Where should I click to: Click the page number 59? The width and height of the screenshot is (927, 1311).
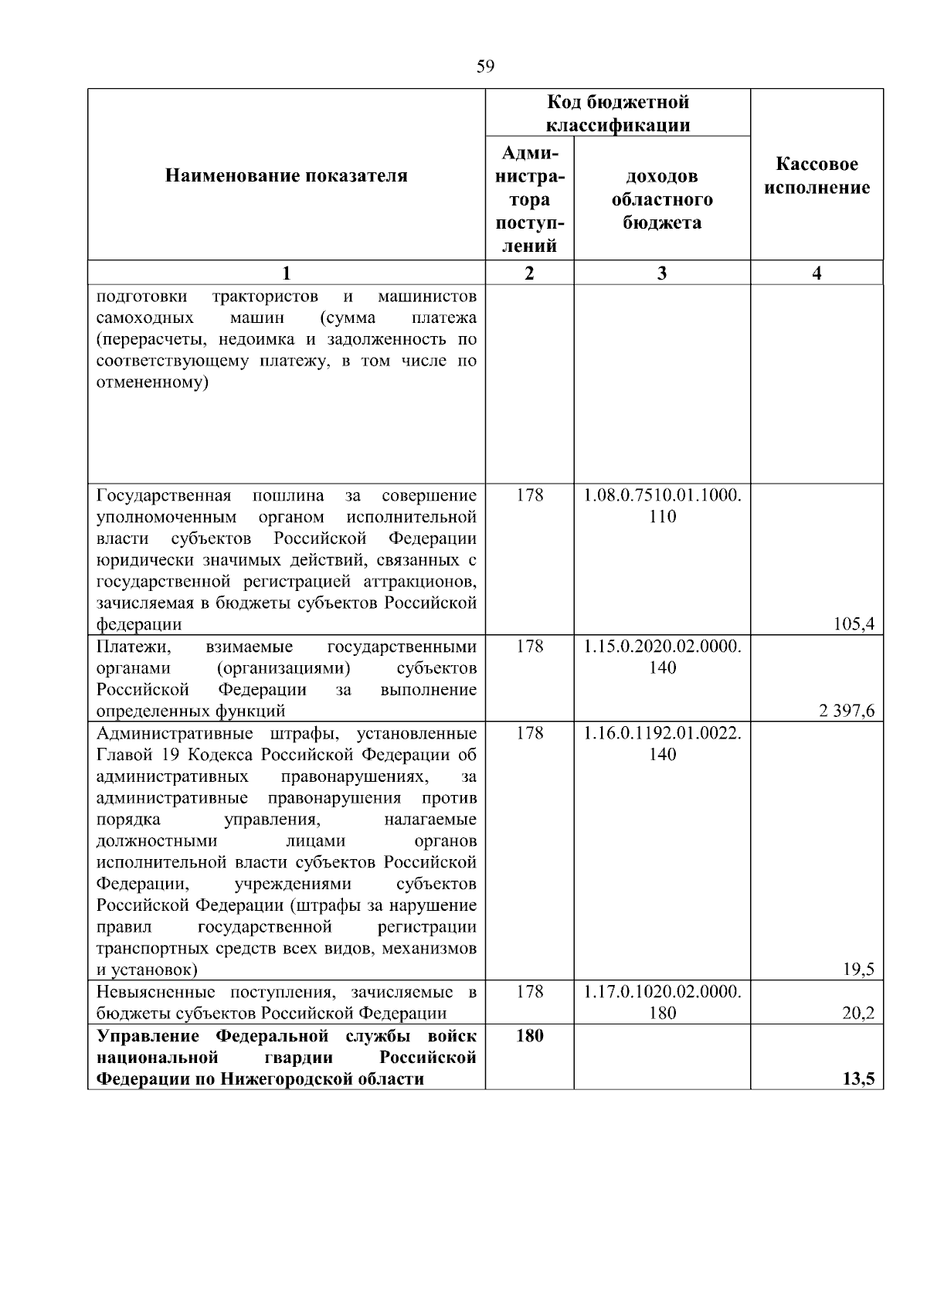485,66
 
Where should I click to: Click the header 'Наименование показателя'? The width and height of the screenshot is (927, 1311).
287,176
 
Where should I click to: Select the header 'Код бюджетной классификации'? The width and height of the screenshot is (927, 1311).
618,114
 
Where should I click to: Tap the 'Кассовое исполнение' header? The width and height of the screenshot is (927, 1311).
817,176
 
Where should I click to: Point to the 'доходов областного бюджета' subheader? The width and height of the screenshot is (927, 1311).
662,199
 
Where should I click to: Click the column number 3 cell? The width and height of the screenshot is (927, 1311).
662,273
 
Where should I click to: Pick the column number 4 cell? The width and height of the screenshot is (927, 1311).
817,273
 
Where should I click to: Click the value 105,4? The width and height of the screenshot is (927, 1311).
854,624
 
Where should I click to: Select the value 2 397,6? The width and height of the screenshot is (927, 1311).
847,711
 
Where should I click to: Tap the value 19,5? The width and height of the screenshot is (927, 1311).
859,970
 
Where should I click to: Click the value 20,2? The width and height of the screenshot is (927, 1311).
858,1013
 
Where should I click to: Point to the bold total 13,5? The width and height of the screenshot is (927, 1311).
858,1079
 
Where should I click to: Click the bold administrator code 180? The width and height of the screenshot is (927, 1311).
530,1035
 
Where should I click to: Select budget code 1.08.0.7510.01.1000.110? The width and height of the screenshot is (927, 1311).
663,505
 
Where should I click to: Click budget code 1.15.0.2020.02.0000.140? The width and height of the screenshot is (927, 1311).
663,657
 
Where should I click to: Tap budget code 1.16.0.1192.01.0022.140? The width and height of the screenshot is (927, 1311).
663,743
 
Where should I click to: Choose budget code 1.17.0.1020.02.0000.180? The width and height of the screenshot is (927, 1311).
663,1002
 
